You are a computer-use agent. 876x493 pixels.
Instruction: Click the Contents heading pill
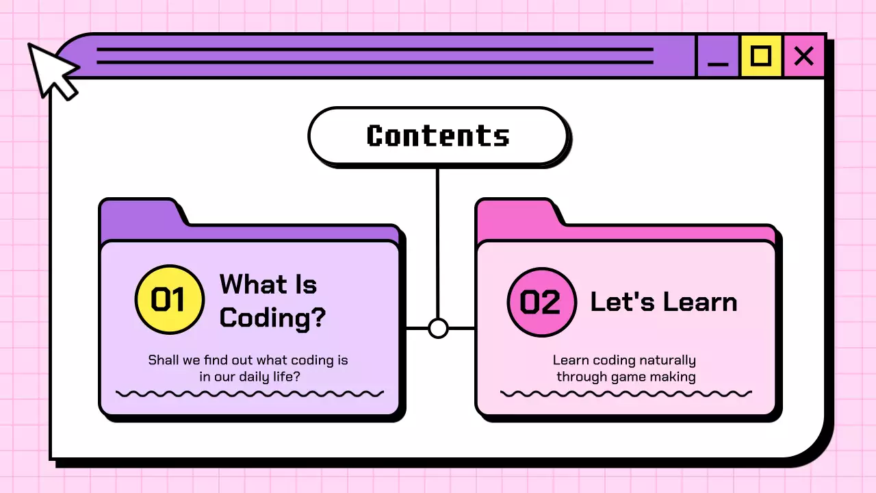[x=438, y=136]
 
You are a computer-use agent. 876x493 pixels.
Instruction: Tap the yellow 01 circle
[x=169, y=300]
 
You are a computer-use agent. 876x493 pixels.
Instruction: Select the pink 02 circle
[x=541, y=302]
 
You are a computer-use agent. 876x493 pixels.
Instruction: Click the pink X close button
[x=804, y=55]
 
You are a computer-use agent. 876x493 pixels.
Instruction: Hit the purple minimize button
[x=718, y=56]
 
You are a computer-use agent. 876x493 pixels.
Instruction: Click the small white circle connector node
[x=438, y=328]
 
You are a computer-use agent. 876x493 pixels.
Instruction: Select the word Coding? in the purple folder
[x=272, y=318]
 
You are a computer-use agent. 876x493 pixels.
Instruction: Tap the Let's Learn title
[x=663, y=302]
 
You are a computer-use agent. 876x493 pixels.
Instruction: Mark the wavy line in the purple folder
[x=250, y=394]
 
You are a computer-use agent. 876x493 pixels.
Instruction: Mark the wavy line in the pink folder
[x=626, y=394]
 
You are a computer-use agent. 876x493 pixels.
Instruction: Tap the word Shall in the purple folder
[x=164, y=360]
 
